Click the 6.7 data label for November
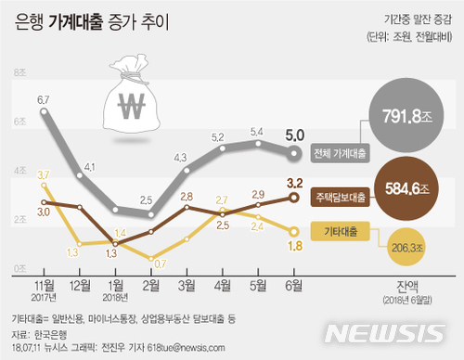[x=43, y=99]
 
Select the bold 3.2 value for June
[x=294, y=182]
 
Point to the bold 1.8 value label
[x=294, y=246]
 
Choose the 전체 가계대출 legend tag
[x=340, y=152]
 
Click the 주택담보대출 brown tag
[x=340, y=196]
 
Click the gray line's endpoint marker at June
[x=294, y=152]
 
